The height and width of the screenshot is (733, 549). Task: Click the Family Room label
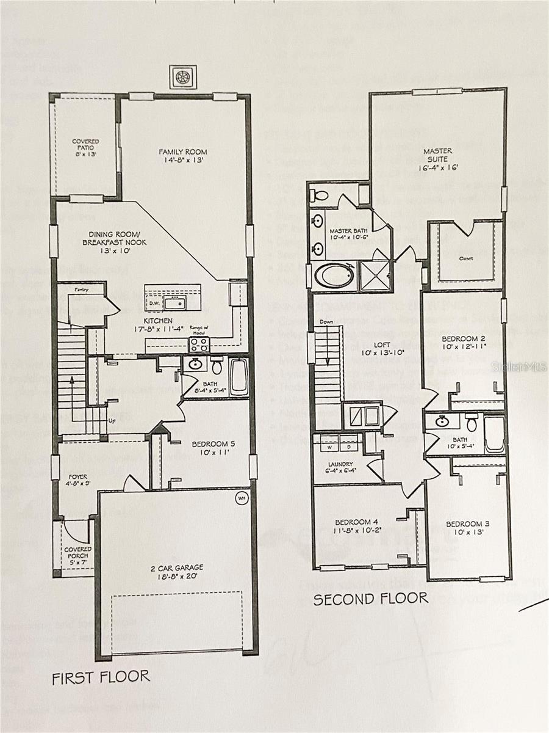[182, 152]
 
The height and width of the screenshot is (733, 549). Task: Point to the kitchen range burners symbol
[199, 345]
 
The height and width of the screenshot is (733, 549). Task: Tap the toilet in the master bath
[319, 195]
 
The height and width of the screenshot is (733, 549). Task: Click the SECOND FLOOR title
[370, 599]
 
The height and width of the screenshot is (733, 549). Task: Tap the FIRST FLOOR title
[100, 677]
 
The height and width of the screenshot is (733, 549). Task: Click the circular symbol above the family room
[182, 77]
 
